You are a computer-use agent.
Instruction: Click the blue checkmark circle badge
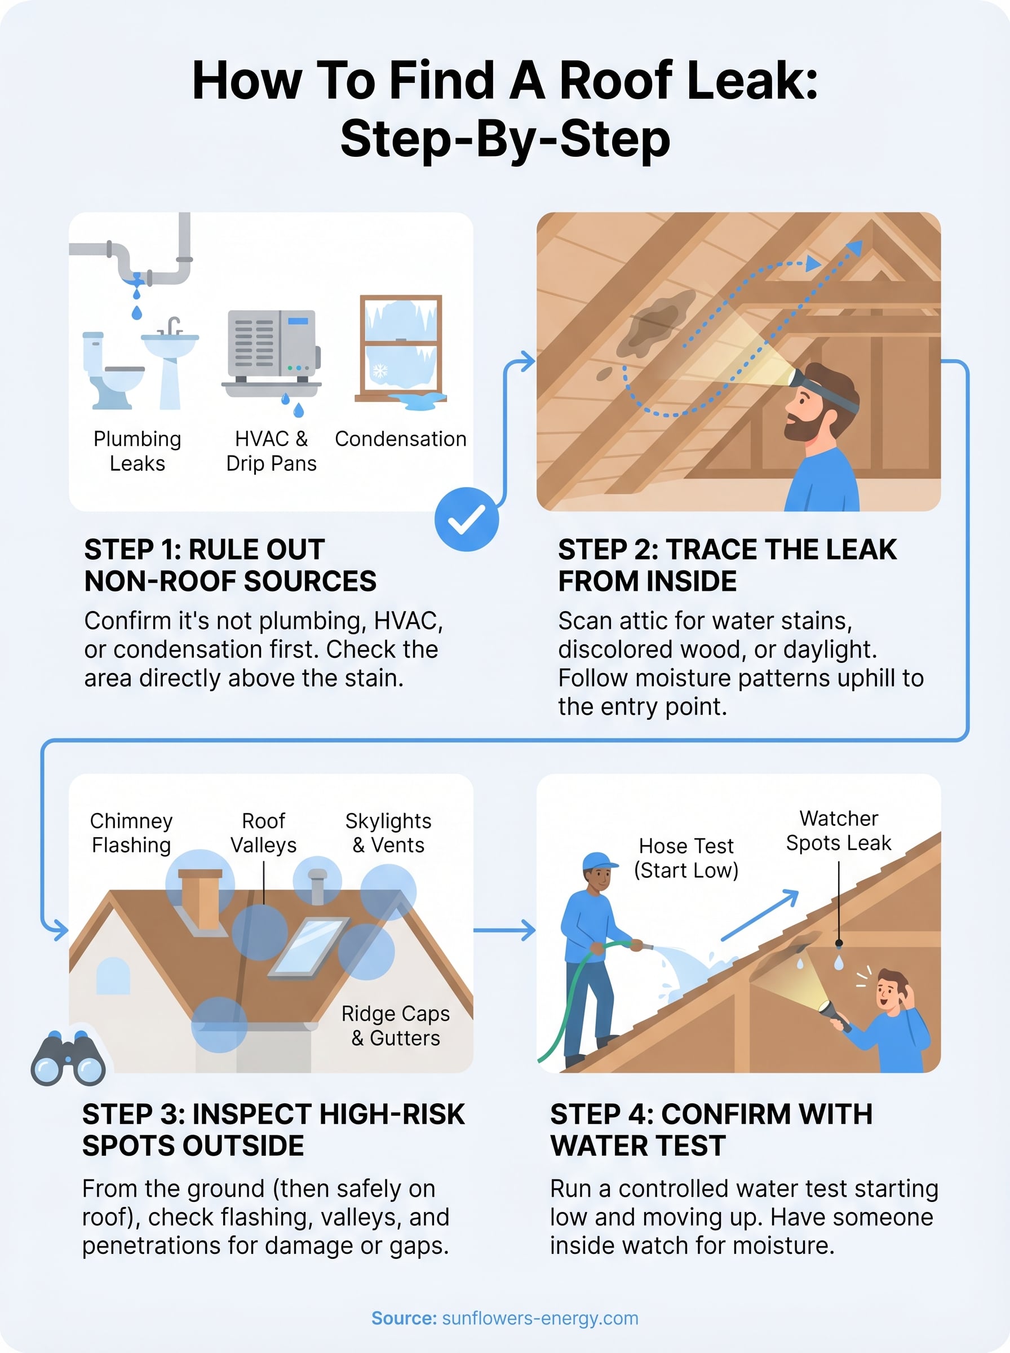pos(467,519)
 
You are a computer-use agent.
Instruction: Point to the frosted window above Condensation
pos(401,346)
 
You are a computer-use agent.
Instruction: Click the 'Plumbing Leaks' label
pos(137,450)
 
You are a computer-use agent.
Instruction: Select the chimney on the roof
pos(200,899)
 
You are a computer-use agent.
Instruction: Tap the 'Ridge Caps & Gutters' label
pos(396,1025)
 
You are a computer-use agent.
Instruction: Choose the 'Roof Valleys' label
pos(264,832)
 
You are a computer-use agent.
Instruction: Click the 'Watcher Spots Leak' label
pos(838,830)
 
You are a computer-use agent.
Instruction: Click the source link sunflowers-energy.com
pos(539,1317)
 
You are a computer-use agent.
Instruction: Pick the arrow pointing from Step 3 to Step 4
pos(504,930)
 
